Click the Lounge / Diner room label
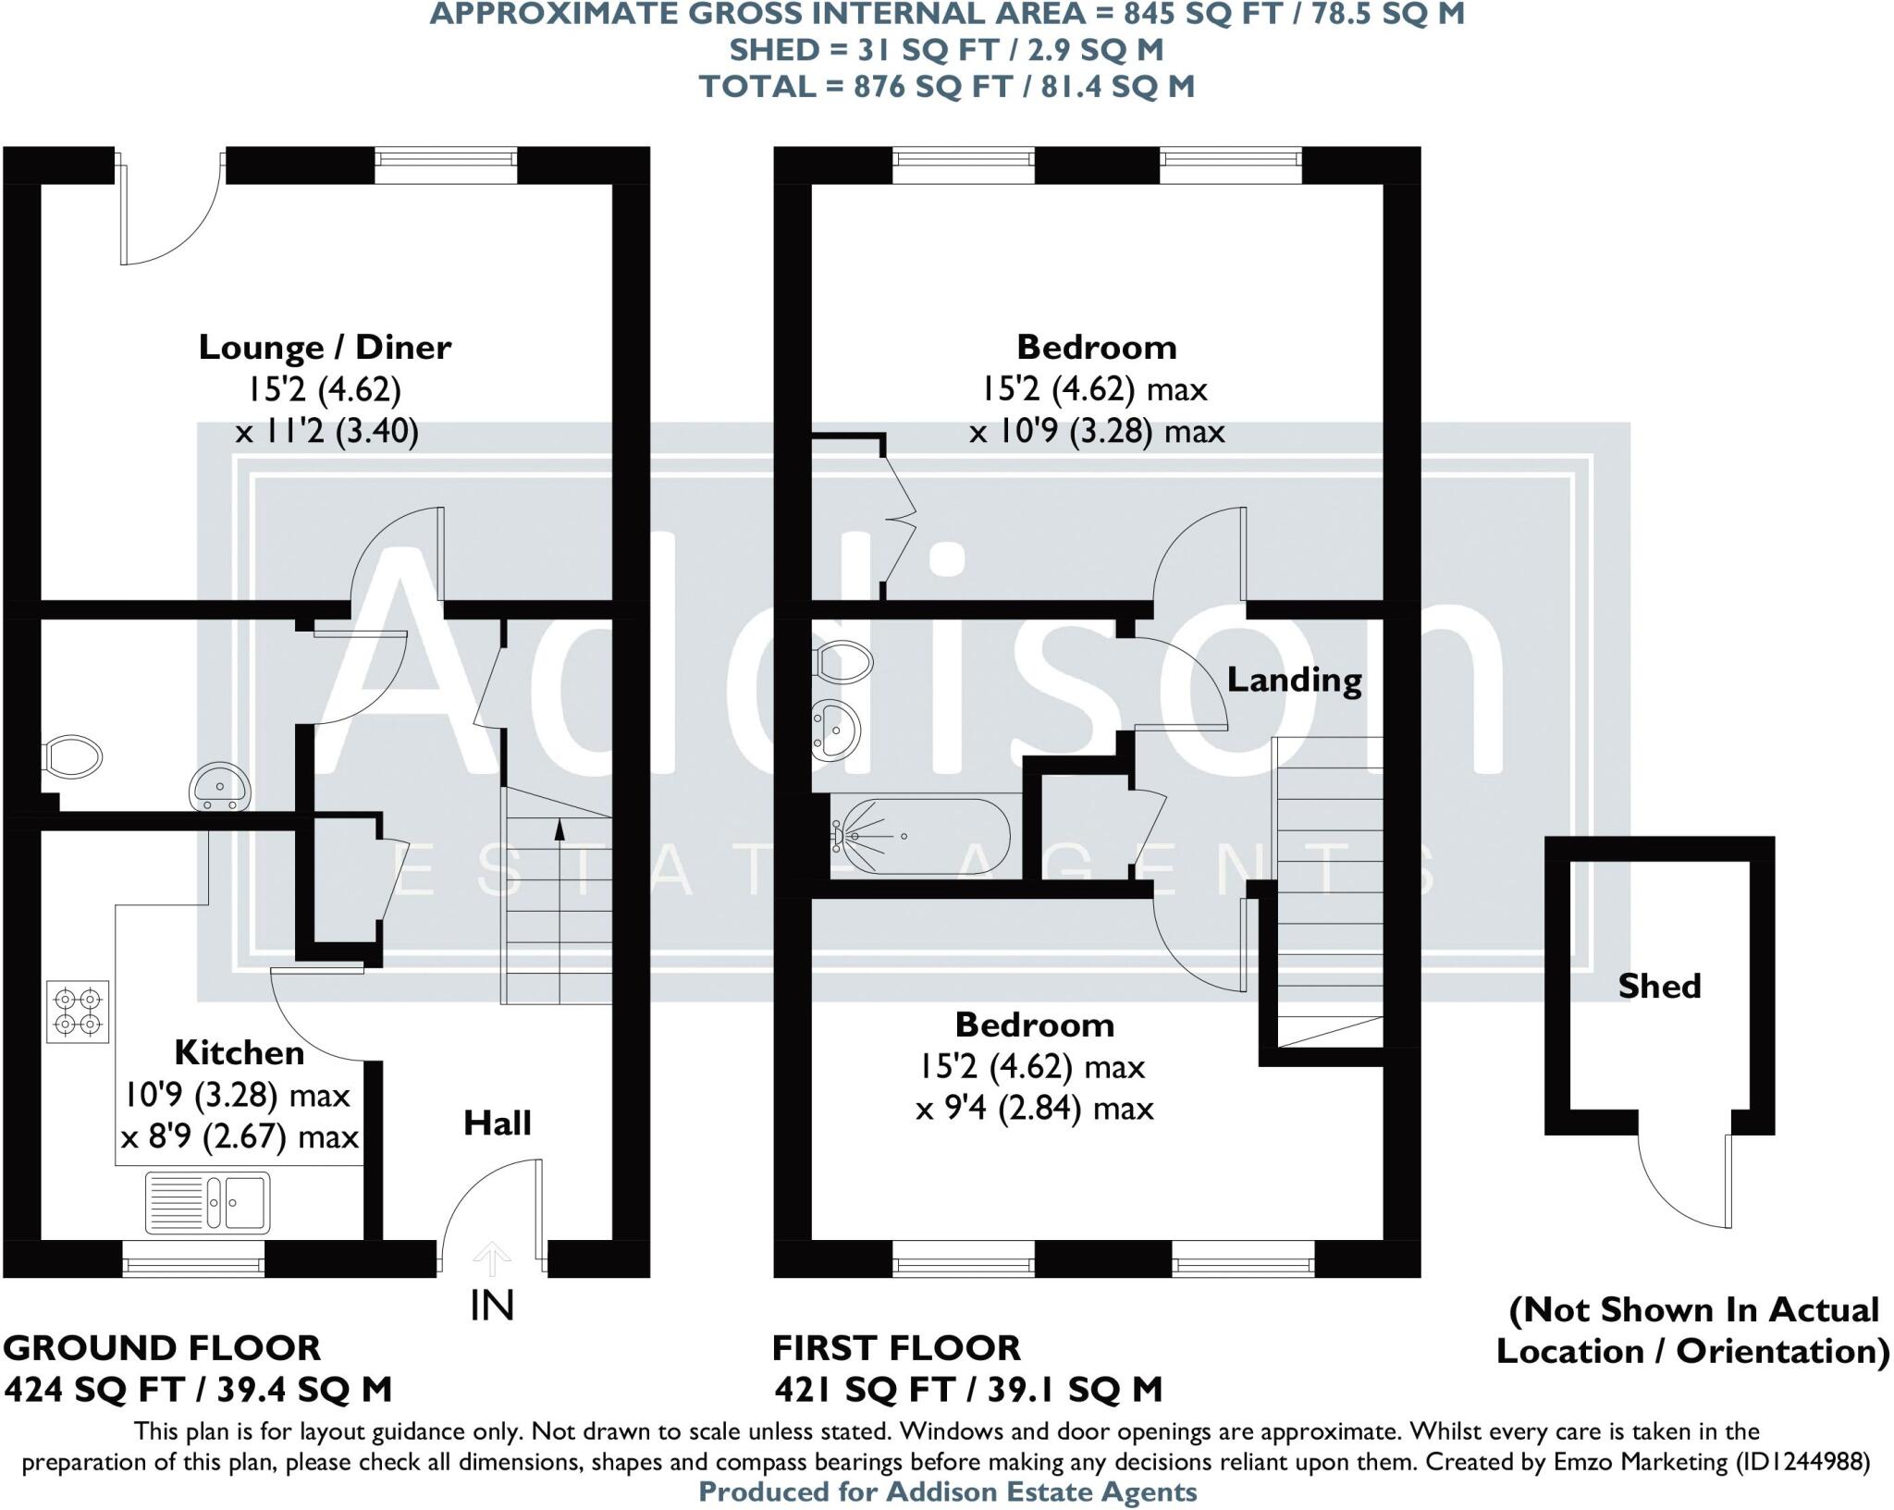[325, 348]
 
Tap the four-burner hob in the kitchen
[78, 1012]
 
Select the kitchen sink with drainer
[208, 1202]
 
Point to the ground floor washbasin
[220, 787]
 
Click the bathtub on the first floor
[920, 836]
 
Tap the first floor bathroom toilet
[842, 661]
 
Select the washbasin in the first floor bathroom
[834, 730]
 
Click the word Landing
[1293, 681]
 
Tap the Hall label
[498, 1123]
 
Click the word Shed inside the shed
[1659, 987]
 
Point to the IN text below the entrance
[491, 1306]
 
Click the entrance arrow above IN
[491, 1258]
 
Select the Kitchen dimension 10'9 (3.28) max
[238, 1096]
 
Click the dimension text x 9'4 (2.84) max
[1034, 1108]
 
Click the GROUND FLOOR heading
[162, 1348]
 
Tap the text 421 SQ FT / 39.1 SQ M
[967, 1389]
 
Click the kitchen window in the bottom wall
[193, 1259]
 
